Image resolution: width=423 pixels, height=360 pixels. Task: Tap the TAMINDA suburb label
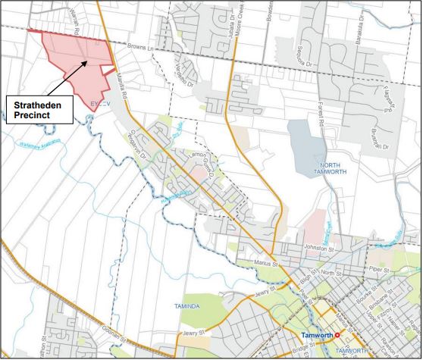[180, 306]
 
